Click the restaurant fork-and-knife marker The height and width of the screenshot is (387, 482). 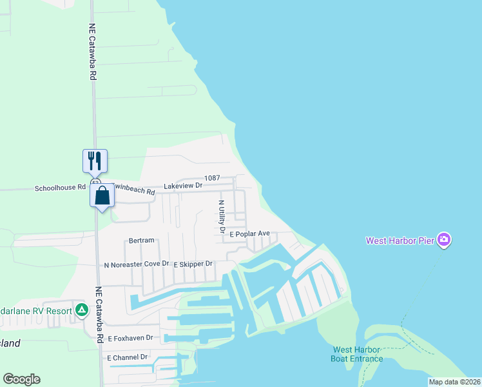click(x=95, y=161)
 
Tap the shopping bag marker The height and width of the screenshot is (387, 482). click(x=102, y=196)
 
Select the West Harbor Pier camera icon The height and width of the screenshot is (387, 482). click(x=443, y=241)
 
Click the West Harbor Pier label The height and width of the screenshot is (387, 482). click(x=400, y=241)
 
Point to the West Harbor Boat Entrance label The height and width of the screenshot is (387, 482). click(x=357, y=354)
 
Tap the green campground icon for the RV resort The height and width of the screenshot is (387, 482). click(x=82, y=310)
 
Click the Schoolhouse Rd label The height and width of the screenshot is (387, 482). click(x=60, y=188)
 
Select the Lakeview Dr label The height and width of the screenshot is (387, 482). click(x=183, y=186)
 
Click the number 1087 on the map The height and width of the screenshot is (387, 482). click(x=213, y=178)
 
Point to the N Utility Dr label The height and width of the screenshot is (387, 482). click(x=221, y=216)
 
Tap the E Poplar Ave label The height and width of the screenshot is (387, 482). click(x=249, y=233)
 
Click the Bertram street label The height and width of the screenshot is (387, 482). click(x=142, y=241)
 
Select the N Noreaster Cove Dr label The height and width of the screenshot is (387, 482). click(x=136, y=264)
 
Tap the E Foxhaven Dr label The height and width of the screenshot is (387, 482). click(x=130, y=338)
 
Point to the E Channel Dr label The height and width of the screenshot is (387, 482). click(x=127, y=357)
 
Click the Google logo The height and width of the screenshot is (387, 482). click(x=22, y=379)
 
